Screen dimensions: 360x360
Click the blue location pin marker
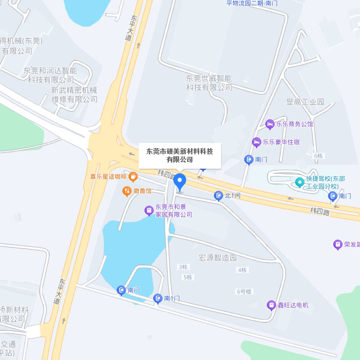pos(179,182)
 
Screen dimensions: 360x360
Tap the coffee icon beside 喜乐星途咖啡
pos(133,177)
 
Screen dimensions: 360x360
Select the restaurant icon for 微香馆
pos(127,191)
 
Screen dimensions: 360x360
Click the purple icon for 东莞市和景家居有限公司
pos(149,210)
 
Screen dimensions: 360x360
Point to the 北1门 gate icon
pos(218,195)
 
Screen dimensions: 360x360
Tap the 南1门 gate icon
pos(158,298)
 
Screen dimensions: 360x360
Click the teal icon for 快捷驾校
pos(300,182)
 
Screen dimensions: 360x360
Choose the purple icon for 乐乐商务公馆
pos(269,124)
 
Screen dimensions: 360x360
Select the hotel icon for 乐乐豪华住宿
pos(256,141)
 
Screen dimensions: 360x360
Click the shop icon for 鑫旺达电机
pos(271,305)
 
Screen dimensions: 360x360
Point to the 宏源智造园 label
pos(218,257)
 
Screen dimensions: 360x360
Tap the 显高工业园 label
pos(305,102)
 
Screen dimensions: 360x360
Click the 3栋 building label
pos(183,267)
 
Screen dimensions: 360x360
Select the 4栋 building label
pos(242,270)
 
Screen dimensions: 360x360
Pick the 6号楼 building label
pos(244,292)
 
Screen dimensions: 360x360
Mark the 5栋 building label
pos(188,277)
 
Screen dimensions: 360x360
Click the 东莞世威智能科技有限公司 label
pos(209,83)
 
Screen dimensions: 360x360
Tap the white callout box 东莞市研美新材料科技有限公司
pos(179,155)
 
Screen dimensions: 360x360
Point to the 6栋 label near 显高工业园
pos(318,155)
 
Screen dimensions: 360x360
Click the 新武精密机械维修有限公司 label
pos(74,95)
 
